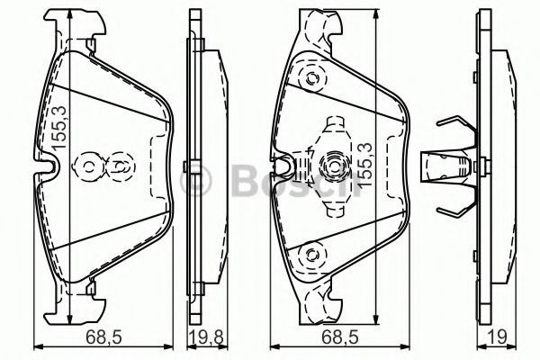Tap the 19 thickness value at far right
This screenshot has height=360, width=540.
(x=497, y=337)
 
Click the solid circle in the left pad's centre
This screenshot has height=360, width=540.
(x=89, y=166)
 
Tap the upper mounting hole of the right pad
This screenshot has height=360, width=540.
(x=312, y=77)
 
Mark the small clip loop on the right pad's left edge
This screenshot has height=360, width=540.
(x=285, y=165)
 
